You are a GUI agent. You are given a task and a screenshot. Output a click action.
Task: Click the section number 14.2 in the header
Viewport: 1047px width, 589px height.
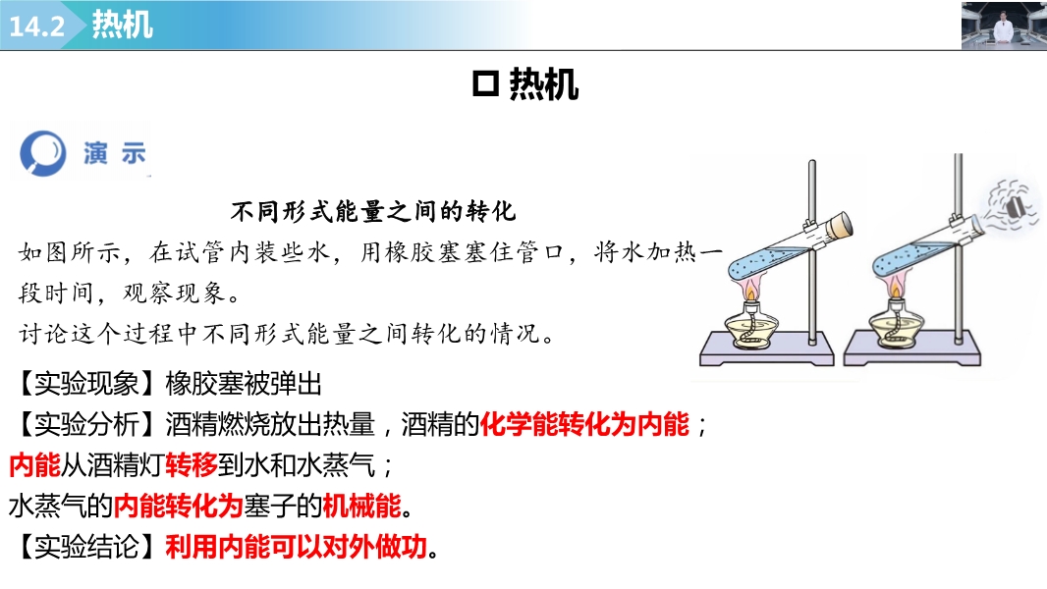(36, 27)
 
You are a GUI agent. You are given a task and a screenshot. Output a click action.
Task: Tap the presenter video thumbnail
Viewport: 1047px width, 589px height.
(1004, 26)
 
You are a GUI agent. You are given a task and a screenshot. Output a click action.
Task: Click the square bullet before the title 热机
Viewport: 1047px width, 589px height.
(485, 84)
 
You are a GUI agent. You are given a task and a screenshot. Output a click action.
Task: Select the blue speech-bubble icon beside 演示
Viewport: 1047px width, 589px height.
(43, 153)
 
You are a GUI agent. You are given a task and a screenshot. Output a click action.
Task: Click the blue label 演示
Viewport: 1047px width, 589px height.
(114, 153)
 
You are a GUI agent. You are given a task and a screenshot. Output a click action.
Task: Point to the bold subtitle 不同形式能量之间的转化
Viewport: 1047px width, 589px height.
(373, 211)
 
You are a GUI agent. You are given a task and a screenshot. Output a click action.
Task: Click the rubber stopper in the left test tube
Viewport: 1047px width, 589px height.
(840, 226)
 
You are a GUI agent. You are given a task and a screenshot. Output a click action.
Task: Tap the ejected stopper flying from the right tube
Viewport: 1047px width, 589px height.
(1014, 207)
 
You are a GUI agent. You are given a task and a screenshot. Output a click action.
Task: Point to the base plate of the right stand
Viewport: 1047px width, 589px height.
(912, 354)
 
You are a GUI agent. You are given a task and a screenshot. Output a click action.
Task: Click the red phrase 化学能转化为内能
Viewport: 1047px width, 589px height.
(584, 424)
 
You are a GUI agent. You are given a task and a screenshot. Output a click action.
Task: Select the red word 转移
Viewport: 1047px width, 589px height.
(192, 465)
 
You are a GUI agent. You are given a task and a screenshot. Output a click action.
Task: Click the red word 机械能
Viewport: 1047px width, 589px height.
(361, 506)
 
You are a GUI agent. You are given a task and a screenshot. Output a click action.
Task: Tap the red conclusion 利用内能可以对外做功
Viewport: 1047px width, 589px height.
(296, 547)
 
